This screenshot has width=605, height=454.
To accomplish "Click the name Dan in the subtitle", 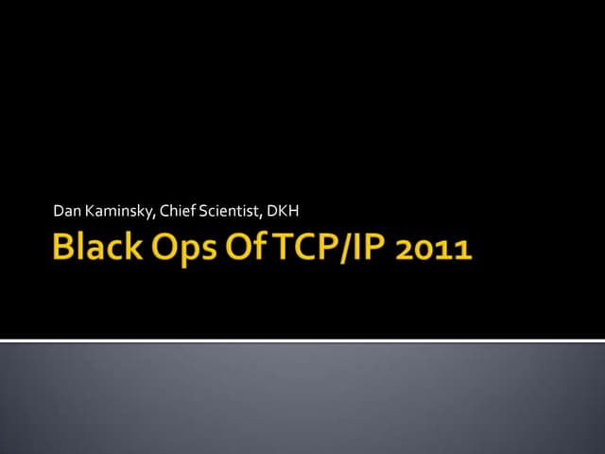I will click(66, 209).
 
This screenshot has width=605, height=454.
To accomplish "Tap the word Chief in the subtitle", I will click(180, 209).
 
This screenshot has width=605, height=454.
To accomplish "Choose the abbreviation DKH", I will click(284, 209).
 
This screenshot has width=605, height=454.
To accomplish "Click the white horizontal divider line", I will click(302, 340).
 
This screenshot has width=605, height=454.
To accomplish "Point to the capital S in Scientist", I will click(204, 209).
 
